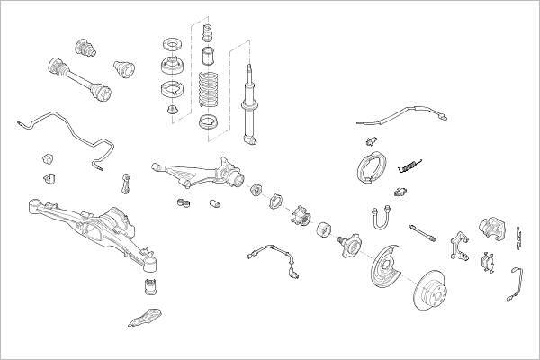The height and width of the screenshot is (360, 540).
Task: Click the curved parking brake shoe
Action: [x=369, y=164]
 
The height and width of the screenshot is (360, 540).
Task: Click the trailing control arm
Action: [x=198, y=173]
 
